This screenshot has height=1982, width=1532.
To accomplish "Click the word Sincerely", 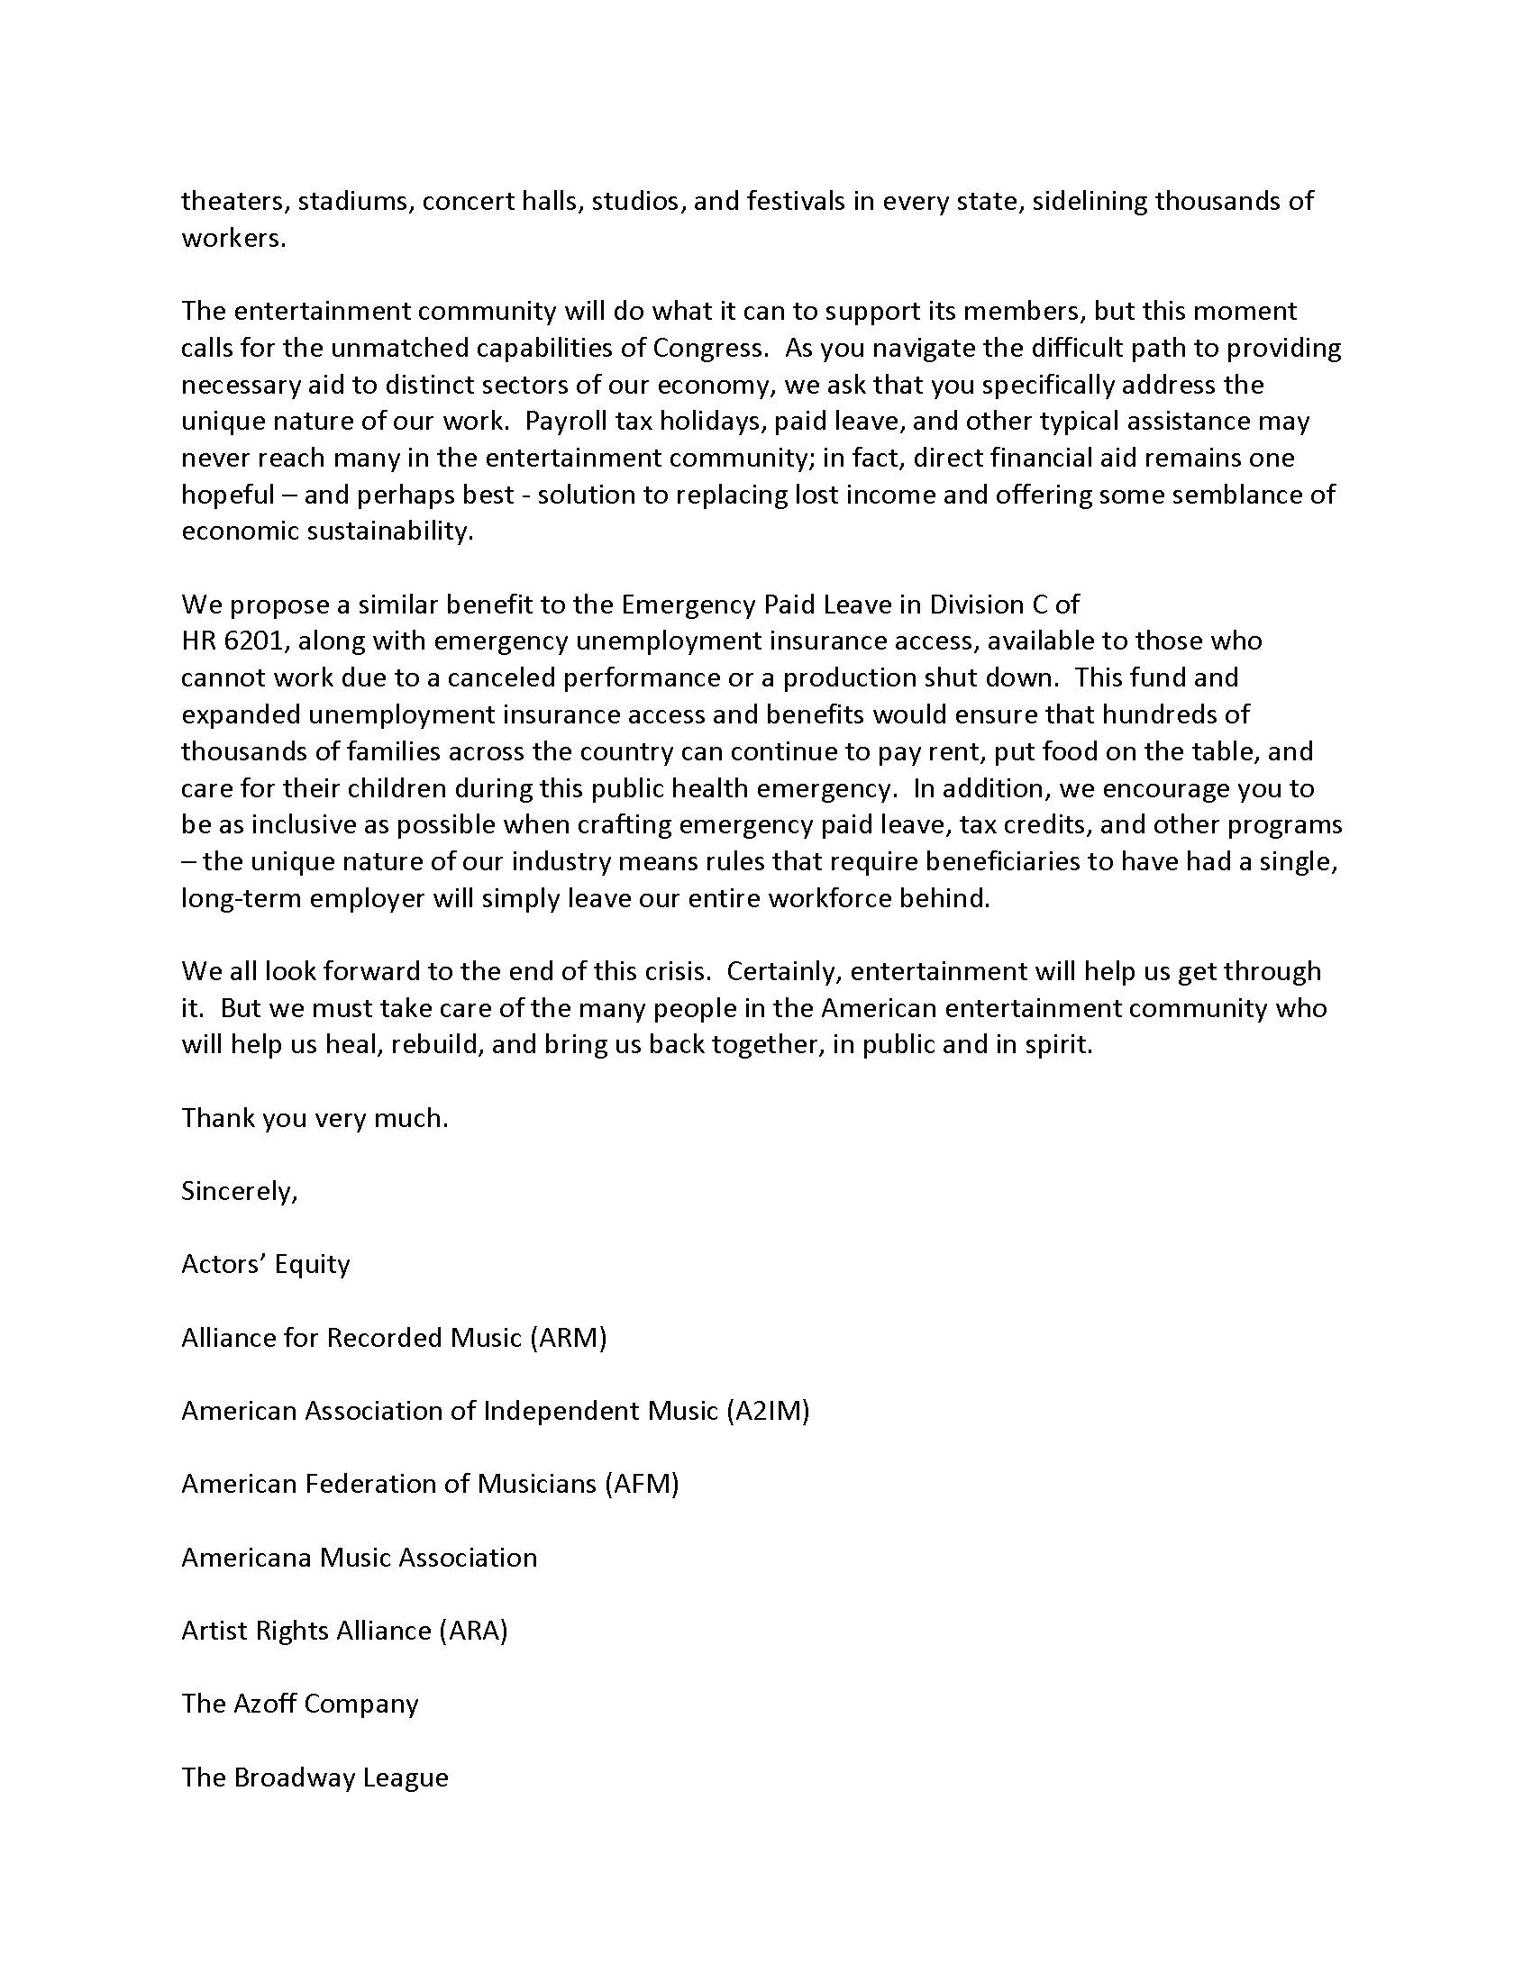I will click(x=239, y=1191).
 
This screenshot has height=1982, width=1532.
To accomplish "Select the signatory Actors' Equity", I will click(x=265, y=1264).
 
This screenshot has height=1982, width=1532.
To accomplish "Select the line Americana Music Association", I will click(x=360, y=1558).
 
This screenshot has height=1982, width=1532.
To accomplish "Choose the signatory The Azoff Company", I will click(x=299, y=1704).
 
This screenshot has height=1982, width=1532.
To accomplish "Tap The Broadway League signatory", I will click(x=315, y=1777).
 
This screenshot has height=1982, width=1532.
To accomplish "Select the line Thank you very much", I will click(x=315, y=1118).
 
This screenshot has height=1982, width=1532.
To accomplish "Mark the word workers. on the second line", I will click(x=233, y=238).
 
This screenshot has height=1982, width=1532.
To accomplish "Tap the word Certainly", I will click(x=784, y=971).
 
